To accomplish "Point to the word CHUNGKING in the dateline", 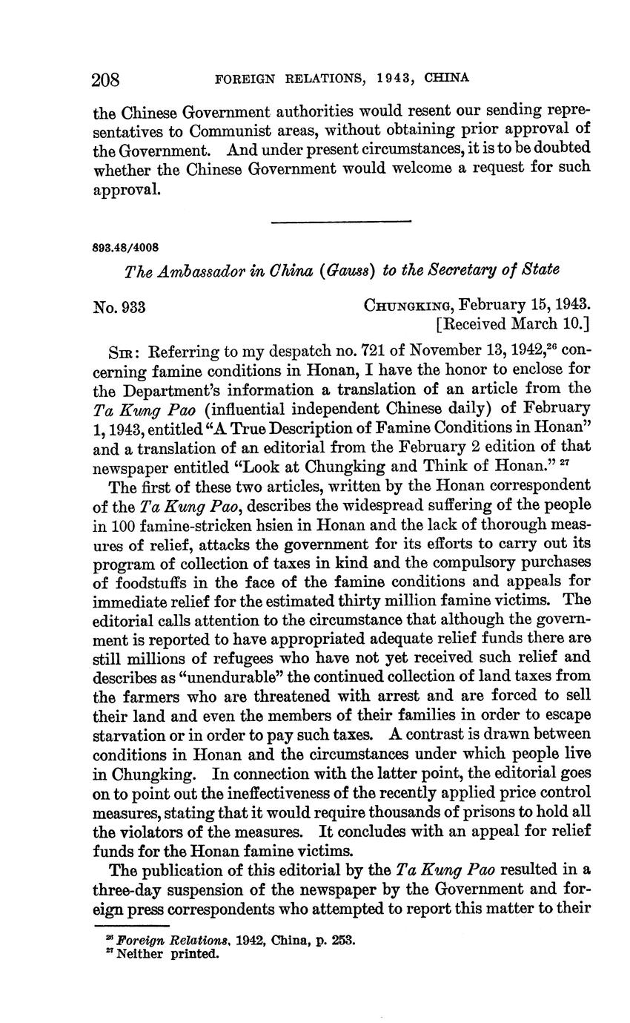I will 408,304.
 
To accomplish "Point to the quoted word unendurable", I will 164,676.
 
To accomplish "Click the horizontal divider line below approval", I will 341,220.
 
